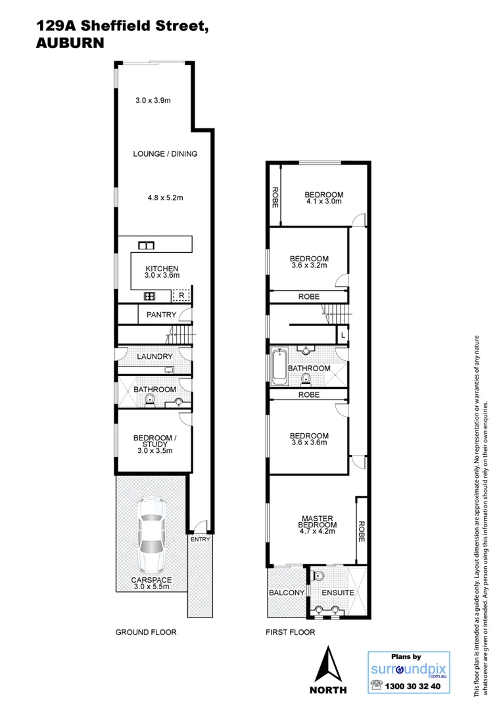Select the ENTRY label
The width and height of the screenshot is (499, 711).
(x=199, y=540)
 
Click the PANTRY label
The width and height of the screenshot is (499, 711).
(x=161, y=315)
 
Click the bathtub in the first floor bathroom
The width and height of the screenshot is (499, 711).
(x=279, y=367)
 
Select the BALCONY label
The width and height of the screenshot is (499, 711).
(x=287, y=592)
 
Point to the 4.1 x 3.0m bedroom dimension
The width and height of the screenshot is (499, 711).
(x=323, y=202)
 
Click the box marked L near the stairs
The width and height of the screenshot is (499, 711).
(x=343, y=336)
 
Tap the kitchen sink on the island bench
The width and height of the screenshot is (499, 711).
(x=145, y=246)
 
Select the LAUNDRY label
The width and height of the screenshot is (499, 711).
(x=154, y=356)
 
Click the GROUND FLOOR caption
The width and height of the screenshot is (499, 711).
(x=146, y=632)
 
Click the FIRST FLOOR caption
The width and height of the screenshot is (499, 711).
(x=290, y=632)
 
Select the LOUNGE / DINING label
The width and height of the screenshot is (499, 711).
(x=165, y=153)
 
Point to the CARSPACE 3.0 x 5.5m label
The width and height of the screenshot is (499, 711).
(x=152, y=583)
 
